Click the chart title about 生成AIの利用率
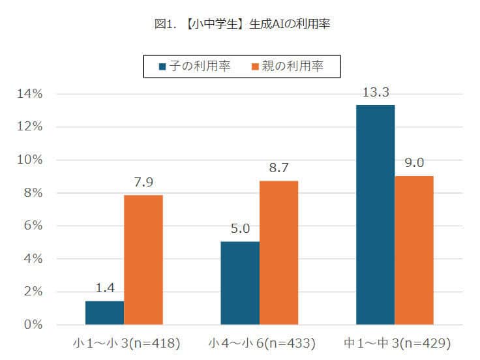240,24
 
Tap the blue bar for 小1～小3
104,312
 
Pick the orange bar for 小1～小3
143,260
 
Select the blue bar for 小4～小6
240,283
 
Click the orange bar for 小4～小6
278,252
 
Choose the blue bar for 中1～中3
375,215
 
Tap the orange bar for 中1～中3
414,250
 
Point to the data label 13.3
375,93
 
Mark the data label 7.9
143,182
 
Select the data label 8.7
278,168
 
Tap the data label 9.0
414,163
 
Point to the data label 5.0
240,230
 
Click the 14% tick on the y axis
30,94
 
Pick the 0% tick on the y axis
33,325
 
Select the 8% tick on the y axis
33,193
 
